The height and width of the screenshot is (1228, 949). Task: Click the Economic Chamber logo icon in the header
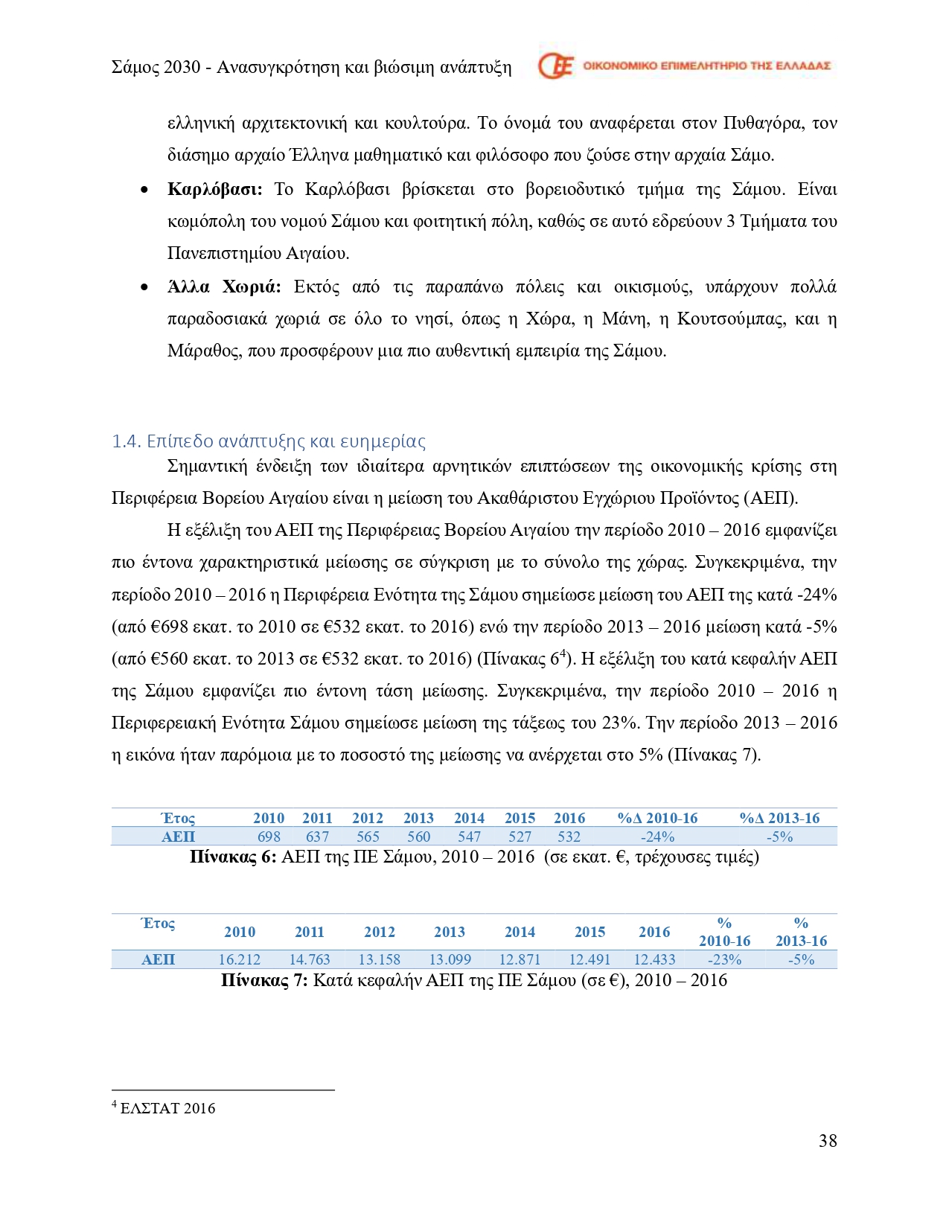click(555, 66)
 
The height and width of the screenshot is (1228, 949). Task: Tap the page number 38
click(827, 1141)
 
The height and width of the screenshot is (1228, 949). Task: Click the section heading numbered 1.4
click(269, 441)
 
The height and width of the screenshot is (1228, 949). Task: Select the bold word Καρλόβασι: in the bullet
click(215, 189)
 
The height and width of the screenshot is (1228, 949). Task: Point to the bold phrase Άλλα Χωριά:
click(224, 287)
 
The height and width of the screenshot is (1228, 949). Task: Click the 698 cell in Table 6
click(269, 837)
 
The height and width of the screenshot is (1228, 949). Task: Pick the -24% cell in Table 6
click(657, 837)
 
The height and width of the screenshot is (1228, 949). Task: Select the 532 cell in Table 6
click(569, 837)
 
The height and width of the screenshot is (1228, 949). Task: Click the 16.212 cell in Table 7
click(240, 959)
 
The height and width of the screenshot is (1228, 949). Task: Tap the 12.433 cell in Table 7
click(654, 959)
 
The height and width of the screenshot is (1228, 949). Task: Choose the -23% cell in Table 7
click(724, 959)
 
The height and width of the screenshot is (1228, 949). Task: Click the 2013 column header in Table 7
click(450, 932)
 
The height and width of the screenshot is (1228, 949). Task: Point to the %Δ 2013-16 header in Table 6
click(779, 818)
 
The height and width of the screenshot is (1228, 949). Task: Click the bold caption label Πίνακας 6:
click(233, 857)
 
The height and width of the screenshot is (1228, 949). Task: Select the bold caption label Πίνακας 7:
click(264, 980)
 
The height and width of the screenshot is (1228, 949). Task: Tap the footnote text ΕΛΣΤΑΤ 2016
click(167, 1108)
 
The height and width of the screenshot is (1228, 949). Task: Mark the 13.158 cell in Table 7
click(379, 959)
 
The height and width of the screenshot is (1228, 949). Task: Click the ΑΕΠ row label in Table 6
click(178, 837)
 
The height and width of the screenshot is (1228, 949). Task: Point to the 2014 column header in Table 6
click(469, 818)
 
